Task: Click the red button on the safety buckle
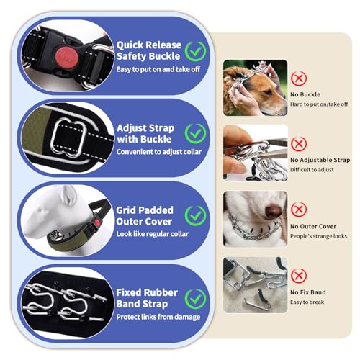point(66,58)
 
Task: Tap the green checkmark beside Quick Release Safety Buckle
point(195,51)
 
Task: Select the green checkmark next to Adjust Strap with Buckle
point(195,134)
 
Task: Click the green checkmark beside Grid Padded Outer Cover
point(195,216)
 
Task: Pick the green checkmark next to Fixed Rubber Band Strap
point(195,299)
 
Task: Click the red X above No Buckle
point(299,78)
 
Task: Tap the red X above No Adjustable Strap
point(299,144)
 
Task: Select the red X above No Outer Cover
point(299,210)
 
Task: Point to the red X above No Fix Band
point(299,276)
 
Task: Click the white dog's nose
point(274,211)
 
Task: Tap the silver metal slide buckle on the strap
point(68,138)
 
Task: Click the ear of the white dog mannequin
point(68,195)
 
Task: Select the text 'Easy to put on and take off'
point(158,69)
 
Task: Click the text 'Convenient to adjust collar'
point(159,152)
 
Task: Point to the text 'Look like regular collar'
point(153,234)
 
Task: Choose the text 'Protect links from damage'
point(158,317)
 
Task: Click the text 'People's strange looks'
point(318,236)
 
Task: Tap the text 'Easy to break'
point(307,302)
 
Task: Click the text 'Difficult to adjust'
point(312,170)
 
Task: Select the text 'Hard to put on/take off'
point(319,104)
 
